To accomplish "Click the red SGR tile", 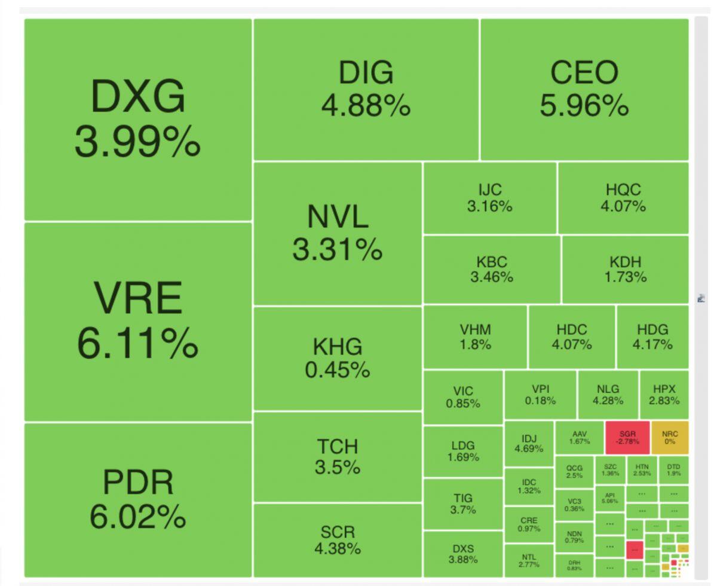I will tap(627, 437).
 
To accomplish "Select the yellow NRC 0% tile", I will tap(670, 437).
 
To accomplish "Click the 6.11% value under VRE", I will tap(137, 343).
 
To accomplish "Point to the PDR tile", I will tap(138, 499).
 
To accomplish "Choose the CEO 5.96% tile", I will tap(584, 89).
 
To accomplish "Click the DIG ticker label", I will tap(366, 73).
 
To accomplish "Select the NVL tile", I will tap(338, 233).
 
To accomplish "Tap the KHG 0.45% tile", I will tap(338, 358).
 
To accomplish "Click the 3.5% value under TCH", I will tap(338, 467).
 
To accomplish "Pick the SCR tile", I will tap(338, 540).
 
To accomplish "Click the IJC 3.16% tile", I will tap(490, 198).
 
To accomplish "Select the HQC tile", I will tap(623, 198).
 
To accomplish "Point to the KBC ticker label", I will tap(492, 262).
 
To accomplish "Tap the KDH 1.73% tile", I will tap(625, 269).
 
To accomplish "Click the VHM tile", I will tap(475, 337).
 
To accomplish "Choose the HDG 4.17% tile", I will tap(652, 337).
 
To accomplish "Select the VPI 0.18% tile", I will tap(540, 395).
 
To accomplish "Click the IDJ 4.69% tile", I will tap(529, 444).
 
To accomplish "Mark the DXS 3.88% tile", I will tap(463, 554).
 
